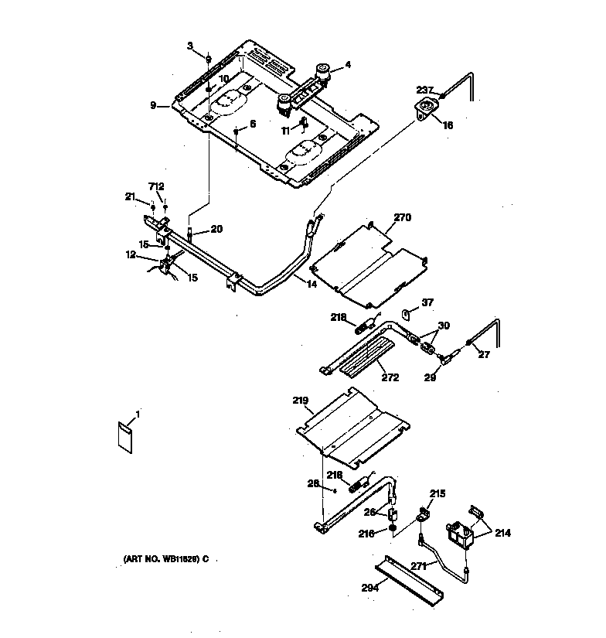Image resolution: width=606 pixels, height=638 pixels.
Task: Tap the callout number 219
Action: [300, 401]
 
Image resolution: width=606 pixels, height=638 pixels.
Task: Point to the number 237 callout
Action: [427, 89]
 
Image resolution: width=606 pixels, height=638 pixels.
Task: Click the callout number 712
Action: [157, 186]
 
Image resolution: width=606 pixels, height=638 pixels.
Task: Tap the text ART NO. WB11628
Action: [165, 559]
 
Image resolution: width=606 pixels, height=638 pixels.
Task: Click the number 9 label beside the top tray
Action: [153, 104]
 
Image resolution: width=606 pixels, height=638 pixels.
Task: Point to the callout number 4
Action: [348, 65]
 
